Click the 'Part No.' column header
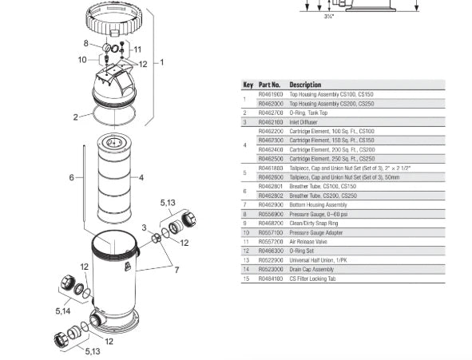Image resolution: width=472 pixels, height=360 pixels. point(269,84)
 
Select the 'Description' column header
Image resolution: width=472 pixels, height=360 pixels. point(305,84)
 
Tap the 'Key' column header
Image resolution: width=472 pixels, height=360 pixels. point(248,84)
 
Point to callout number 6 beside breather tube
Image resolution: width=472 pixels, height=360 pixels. point(71,176)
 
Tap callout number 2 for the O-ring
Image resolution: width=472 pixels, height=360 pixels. point(76,117)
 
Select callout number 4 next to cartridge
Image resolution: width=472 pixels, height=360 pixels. point(141,176)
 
